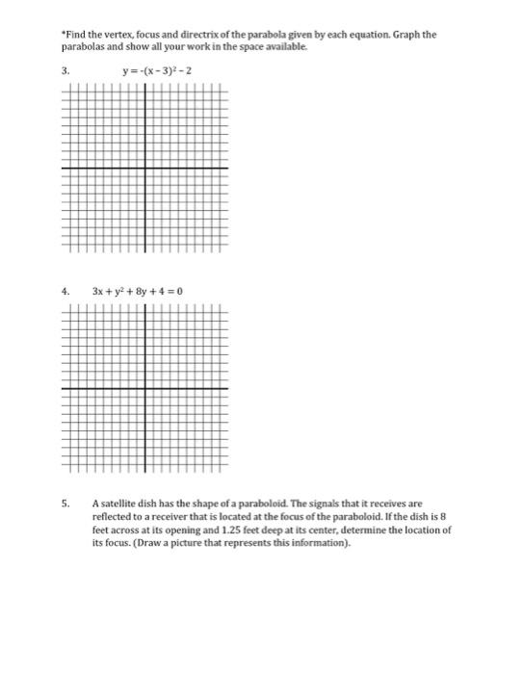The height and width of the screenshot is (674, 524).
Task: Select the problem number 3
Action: point(65,70)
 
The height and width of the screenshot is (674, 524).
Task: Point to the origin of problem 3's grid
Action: point(145,168)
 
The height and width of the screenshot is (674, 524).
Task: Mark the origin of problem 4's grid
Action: point(145,388)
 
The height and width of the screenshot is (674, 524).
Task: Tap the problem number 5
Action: point(65,503)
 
